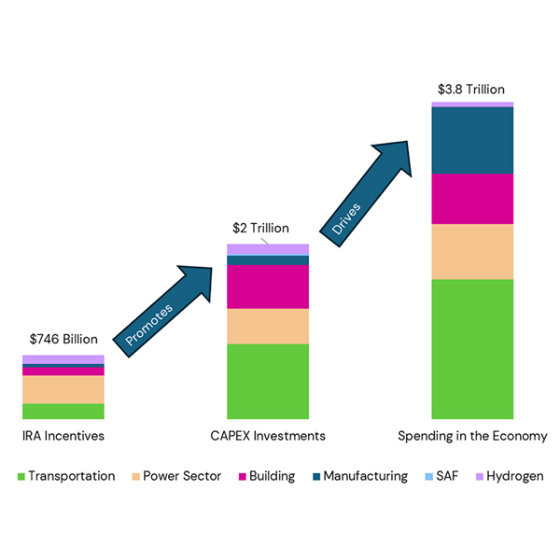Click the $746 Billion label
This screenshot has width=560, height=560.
pos(63,340)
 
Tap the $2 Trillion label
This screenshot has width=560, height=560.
pos(260,228)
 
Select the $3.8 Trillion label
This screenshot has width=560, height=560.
pos(472,90)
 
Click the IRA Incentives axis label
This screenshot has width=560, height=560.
pos(63,436)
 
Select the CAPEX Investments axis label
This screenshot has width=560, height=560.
pos(268,436)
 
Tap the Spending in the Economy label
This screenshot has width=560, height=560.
pos(472,436)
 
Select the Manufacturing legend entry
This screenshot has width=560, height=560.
pos(358,476)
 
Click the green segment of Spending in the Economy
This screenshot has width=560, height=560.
pos(472,349)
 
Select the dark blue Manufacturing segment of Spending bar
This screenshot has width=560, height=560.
pos(472,140)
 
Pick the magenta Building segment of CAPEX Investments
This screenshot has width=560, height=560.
pos(268,287)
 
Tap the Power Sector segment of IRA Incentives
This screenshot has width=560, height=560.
pos(63,389)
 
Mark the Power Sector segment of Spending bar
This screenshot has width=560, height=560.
pos(472,252)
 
